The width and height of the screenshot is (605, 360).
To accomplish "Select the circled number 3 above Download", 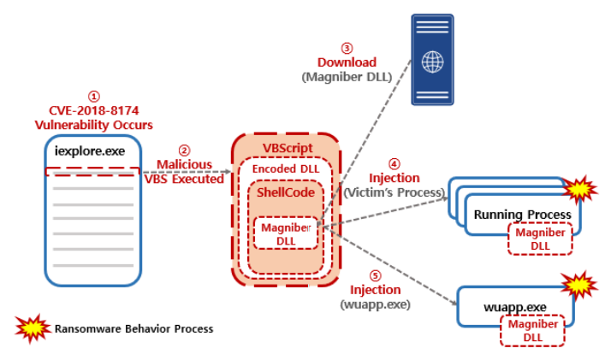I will [x=347, y=48].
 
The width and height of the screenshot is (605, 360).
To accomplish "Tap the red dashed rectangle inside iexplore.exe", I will [x=91, y=171].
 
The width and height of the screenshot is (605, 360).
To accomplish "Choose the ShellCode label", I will [x=286, y=194].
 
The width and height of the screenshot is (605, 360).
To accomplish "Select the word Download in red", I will [x=347, y=62].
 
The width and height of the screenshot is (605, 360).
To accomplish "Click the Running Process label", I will [x=522, y=213].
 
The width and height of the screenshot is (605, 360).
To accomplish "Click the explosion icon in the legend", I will [x=31, y=328].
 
